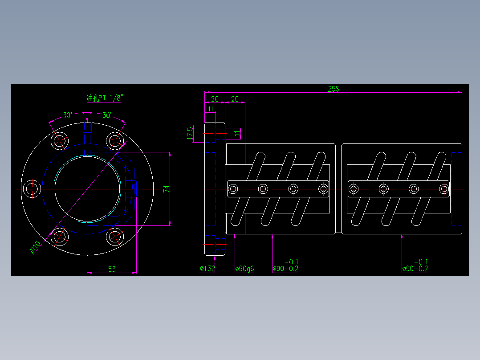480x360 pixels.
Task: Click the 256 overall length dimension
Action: point(333,89)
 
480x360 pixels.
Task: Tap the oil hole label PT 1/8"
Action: point(104,98)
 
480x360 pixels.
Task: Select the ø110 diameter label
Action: point(35,247)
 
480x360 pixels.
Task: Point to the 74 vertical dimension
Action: point(166,189)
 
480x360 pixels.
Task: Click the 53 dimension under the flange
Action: point(112,269)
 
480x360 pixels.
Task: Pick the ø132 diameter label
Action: point(207,269)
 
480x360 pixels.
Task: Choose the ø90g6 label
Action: point(244,269)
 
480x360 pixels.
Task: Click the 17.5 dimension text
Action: point(190,133)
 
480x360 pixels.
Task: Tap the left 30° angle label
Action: point(68,115)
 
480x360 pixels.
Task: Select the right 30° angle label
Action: point(107,115)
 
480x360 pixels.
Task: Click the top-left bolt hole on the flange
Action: point(59,141)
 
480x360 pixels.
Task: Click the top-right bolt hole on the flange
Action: point(114,141)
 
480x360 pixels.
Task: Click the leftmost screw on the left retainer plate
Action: point(232,189)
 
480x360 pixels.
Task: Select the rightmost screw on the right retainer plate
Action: point(443,189)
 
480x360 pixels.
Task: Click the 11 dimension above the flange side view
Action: point(211,108)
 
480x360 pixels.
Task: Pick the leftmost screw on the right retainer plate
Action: point(353,189)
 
